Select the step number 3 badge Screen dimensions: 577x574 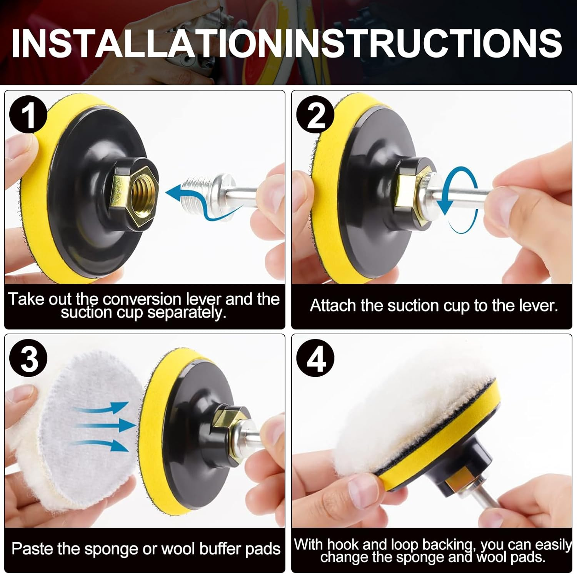[28, 359]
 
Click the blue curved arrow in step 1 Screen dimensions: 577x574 [200, 203]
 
